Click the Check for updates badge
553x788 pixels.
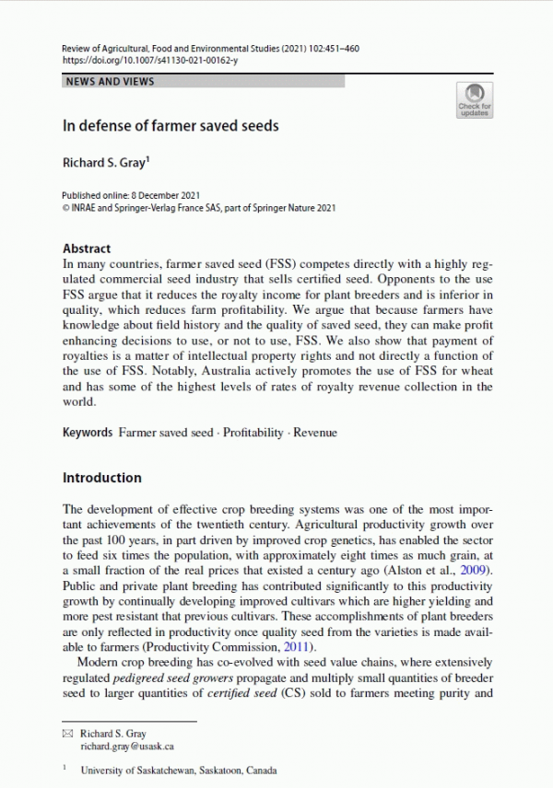click(x=475, y=98)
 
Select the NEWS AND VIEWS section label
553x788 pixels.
click(x=109, y=82)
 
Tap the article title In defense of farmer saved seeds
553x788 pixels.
click(x=170, y=125)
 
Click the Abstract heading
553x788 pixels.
click(x=87, y=249)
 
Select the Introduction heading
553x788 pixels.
click(x=101, y=478)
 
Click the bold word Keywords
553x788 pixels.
click(x=88, y=433)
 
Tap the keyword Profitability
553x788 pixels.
click(x=253, y=433)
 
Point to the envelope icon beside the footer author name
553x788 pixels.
click(x=66, y=734)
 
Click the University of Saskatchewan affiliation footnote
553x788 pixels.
click(x=179, y=771)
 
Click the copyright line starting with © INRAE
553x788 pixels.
click(x=198, y=208)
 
